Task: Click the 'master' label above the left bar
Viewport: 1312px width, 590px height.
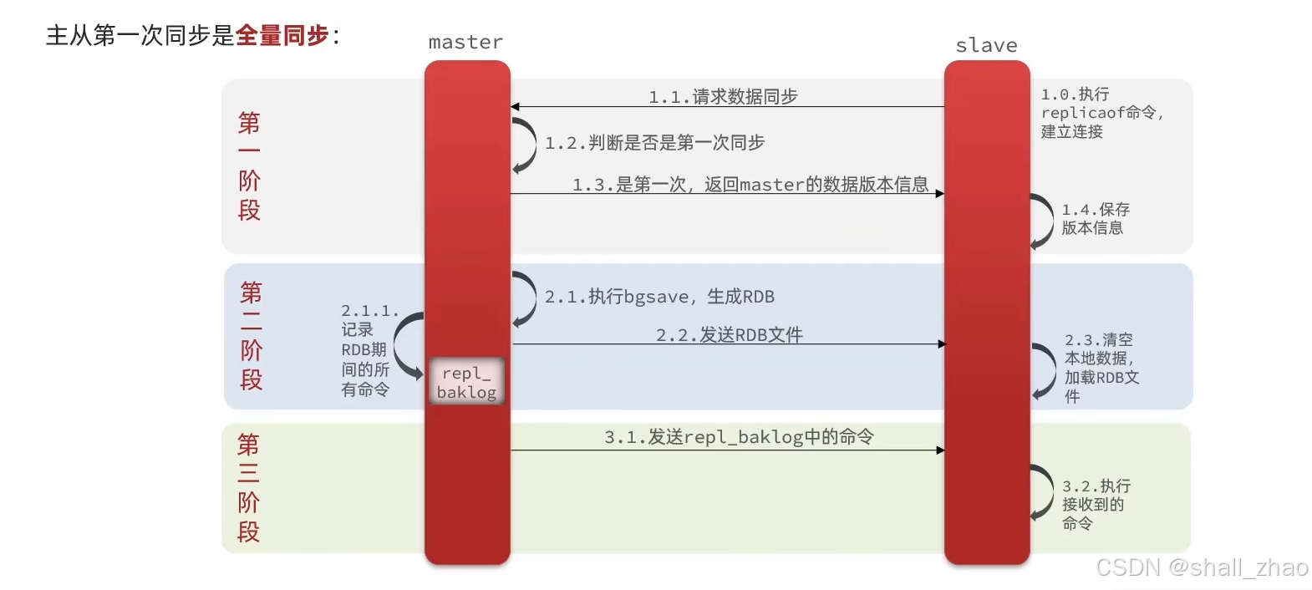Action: coord(465,42)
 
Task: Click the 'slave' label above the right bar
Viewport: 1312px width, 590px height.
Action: coord(986,45)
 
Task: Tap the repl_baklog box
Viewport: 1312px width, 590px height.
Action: coord(466,382)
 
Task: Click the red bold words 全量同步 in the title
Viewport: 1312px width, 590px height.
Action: coord(282,35)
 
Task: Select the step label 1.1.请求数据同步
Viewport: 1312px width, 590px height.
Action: coord(723,97)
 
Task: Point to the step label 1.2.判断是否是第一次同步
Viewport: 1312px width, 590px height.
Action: coord(654,143)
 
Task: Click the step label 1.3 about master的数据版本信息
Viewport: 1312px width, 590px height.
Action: coord(750,184)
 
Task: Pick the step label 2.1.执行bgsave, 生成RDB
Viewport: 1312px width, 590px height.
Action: coord(659,297)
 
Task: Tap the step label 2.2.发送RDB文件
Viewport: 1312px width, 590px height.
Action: coord(729,334)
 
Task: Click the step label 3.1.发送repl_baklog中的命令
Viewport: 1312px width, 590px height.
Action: coord(739,436)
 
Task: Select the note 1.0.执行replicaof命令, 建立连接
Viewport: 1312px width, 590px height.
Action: coord(1101,113)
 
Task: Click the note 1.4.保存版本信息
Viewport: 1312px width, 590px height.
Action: coord(1095,218)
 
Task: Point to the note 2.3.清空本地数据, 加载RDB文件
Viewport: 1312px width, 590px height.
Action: coord(1101,368)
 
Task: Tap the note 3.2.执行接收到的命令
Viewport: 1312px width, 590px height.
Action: coord(1095,504)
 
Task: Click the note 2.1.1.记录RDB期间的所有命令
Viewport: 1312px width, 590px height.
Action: coord(368,350)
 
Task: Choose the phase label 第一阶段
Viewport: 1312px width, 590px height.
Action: coord(249,166)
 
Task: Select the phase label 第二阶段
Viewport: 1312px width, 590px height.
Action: coord(251,336)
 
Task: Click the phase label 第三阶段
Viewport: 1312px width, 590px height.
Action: coord(248,487)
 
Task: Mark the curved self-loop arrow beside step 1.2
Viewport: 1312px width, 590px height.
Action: coord(525,145)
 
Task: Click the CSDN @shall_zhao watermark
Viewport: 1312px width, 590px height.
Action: coord(1201,567)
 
